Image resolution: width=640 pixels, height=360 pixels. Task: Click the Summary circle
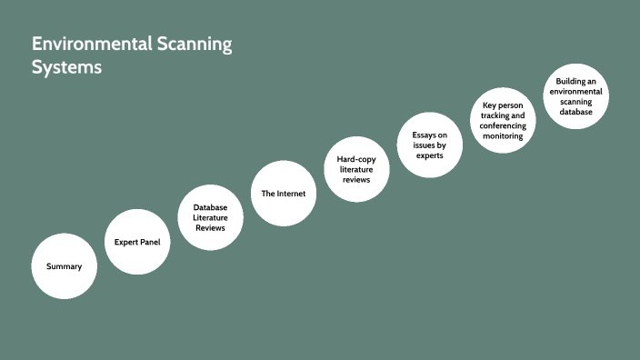pos(64,266)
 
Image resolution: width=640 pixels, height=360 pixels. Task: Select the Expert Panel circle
pos(137,243)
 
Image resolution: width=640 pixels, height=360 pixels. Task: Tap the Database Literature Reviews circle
pos(210,218)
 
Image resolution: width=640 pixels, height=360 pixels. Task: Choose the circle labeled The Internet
pos(283,194)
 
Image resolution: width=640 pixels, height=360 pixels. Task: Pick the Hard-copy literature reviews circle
pos(356,170)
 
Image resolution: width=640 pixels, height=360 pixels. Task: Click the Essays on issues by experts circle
pos(429,145)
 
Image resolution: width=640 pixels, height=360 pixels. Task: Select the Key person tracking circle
pos(503,121)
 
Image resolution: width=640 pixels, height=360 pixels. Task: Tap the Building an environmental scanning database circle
pos(575,96)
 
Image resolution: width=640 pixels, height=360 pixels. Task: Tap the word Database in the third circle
pos(210,207)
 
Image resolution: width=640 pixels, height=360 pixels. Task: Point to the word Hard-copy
pos(344,159)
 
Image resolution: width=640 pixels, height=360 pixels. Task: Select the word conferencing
pos(503,125)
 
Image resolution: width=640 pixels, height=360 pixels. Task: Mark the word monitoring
pos(503,136)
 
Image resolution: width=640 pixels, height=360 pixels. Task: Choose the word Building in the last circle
pos(565,81)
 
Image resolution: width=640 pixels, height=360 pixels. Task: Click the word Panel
pos(152,243)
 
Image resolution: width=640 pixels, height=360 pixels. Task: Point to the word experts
pos(429,155)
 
